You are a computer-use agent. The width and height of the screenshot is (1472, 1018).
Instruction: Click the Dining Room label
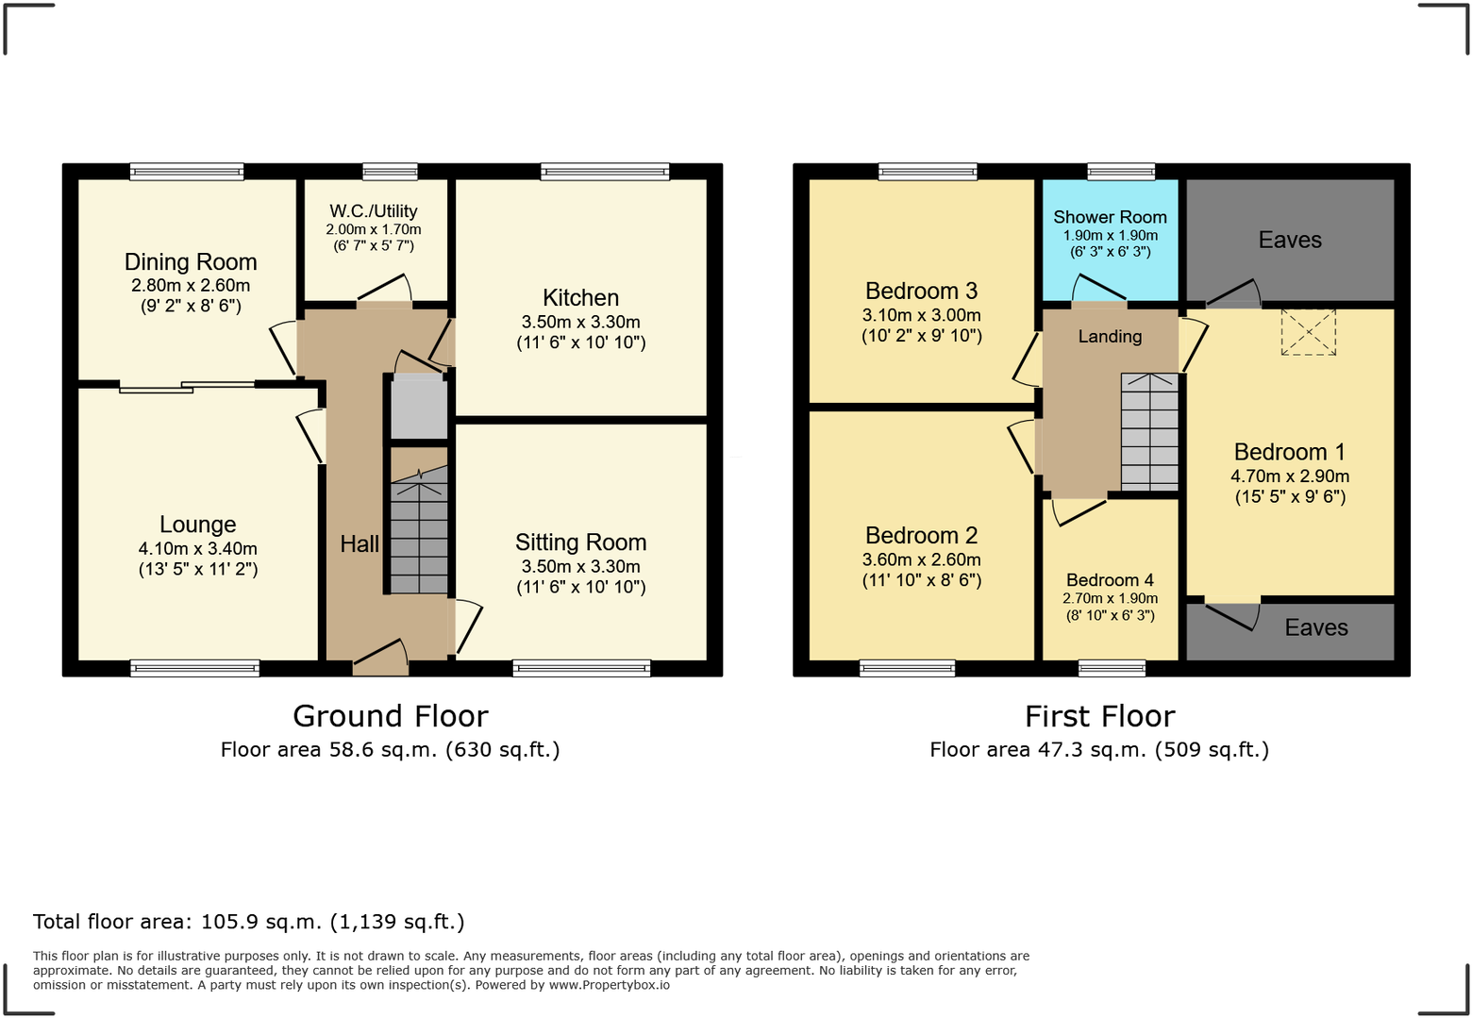point(191,262)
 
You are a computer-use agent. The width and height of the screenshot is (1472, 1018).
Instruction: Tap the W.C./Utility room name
point(374,211)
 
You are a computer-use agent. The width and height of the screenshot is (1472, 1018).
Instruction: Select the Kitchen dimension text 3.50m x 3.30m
point(581,322)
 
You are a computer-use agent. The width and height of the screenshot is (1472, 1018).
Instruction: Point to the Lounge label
point(198,525)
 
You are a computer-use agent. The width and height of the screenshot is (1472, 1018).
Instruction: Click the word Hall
point(360,544)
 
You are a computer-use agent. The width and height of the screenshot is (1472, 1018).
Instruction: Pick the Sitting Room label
point(581,542)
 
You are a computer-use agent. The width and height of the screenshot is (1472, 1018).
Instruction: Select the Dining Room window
point(187,172)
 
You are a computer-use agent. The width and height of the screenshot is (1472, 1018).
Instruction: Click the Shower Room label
point(1110,217)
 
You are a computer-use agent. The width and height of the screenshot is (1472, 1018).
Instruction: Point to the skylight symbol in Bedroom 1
point(1309,332)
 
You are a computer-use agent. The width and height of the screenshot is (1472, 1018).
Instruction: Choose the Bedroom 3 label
point(921,291)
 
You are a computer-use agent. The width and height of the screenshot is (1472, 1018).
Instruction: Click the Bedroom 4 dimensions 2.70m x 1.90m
point(1110,599)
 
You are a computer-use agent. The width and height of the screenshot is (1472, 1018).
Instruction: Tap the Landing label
point(1110,337)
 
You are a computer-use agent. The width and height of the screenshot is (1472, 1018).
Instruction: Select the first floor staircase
point(1149,432)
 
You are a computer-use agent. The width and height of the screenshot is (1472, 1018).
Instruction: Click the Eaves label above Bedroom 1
point(1290,240)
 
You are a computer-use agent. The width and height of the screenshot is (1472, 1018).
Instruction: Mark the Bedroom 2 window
point(908,668)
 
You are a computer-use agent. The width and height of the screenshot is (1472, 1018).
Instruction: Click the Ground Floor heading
point(391,716)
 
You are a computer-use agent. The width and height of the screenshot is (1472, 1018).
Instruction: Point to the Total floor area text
point(249,922)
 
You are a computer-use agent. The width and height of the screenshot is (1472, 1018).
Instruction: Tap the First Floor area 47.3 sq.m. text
point(1099,750)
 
